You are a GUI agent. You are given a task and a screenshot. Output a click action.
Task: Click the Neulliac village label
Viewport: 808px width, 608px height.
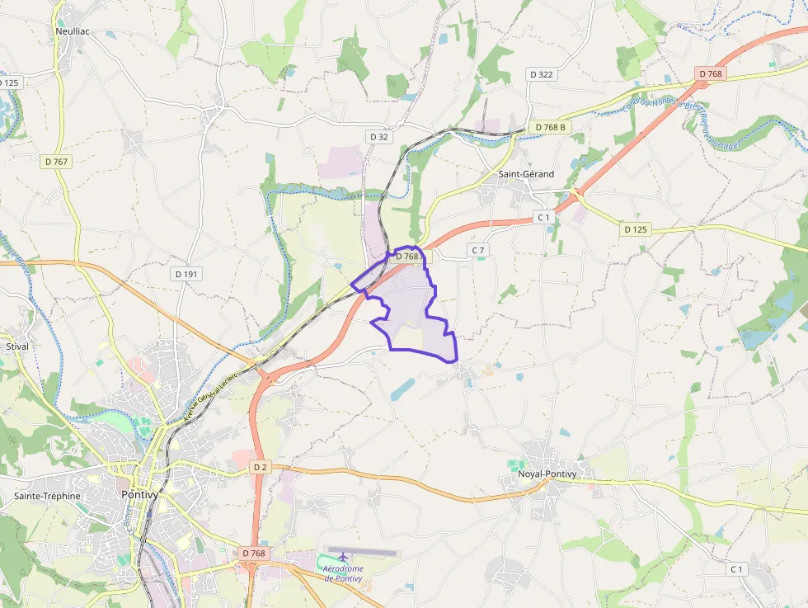pyautogui.click(x=73, y=31)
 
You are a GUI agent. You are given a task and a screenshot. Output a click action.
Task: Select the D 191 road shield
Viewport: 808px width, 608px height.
pyautogui.click(x=188, y=273)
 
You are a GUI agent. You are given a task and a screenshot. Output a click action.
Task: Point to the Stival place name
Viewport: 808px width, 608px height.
pyautogui.click(x=17, y=346)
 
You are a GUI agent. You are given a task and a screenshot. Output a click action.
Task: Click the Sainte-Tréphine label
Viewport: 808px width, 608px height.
pyautogui.click(x=47, y=496)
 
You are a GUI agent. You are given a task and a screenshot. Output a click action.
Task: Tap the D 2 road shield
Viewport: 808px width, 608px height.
pyautogui.click(x=261, y=467)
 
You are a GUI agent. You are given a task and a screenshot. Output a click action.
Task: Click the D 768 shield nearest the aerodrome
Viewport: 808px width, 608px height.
pyautogui.click(x=255, y=552)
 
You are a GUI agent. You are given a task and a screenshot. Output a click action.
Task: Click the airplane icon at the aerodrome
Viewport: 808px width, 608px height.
pyautogui.click(x=331, y=558)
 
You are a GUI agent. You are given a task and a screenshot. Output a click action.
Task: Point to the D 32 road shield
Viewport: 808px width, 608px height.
pyautogui.click(x=378, y=137)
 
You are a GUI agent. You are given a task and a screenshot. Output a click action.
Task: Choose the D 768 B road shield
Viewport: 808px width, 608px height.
pyautogui.click(x=550, y=127)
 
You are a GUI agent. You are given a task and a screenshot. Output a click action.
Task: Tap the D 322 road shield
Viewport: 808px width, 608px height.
pyautogui.click(x=542, y=74)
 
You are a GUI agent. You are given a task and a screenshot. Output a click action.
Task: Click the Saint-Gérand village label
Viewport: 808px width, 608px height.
pyautogui.click(x=526, y=174)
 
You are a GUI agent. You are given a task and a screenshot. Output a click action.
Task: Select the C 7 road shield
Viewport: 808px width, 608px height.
pyautogui.click(x=478, y=249)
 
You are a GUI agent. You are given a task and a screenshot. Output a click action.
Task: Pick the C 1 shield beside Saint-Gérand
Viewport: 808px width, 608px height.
pyautogui.click(x=543, y=217)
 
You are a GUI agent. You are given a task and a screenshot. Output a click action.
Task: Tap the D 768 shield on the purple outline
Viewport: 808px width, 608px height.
pyautogui.click(x=407, y=257)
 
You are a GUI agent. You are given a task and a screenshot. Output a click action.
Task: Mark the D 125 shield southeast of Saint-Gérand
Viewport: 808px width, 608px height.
pyautogui.click(x=635, y=229)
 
